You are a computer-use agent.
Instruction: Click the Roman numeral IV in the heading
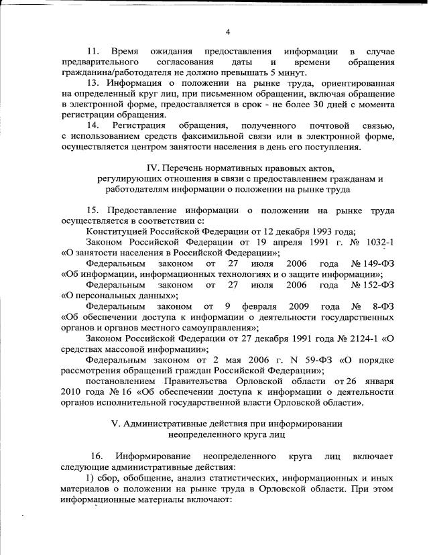point(154,168)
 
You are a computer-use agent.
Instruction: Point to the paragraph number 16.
point(98,456)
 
